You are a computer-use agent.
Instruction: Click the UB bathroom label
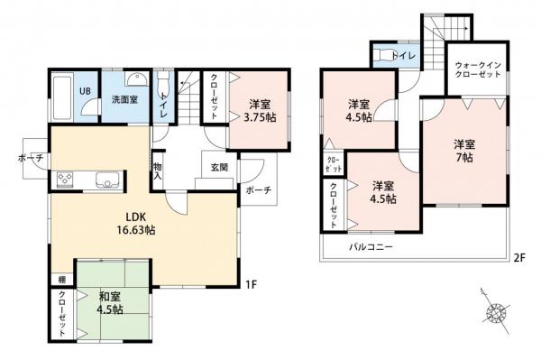tap(84, 91)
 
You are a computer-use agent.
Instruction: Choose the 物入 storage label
tap(159, 171)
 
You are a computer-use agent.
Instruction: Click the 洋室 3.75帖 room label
tap(258, 110)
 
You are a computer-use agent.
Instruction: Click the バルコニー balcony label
tap(371, 246)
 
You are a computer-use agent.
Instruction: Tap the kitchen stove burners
tap(69, 180)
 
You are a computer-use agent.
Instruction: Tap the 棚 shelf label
tap(61, 280)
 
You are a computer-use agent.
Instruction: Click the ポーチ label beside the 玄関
tap(256, 190)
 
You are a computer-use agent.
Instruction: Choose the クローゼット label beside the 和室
tap(61, 313)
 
